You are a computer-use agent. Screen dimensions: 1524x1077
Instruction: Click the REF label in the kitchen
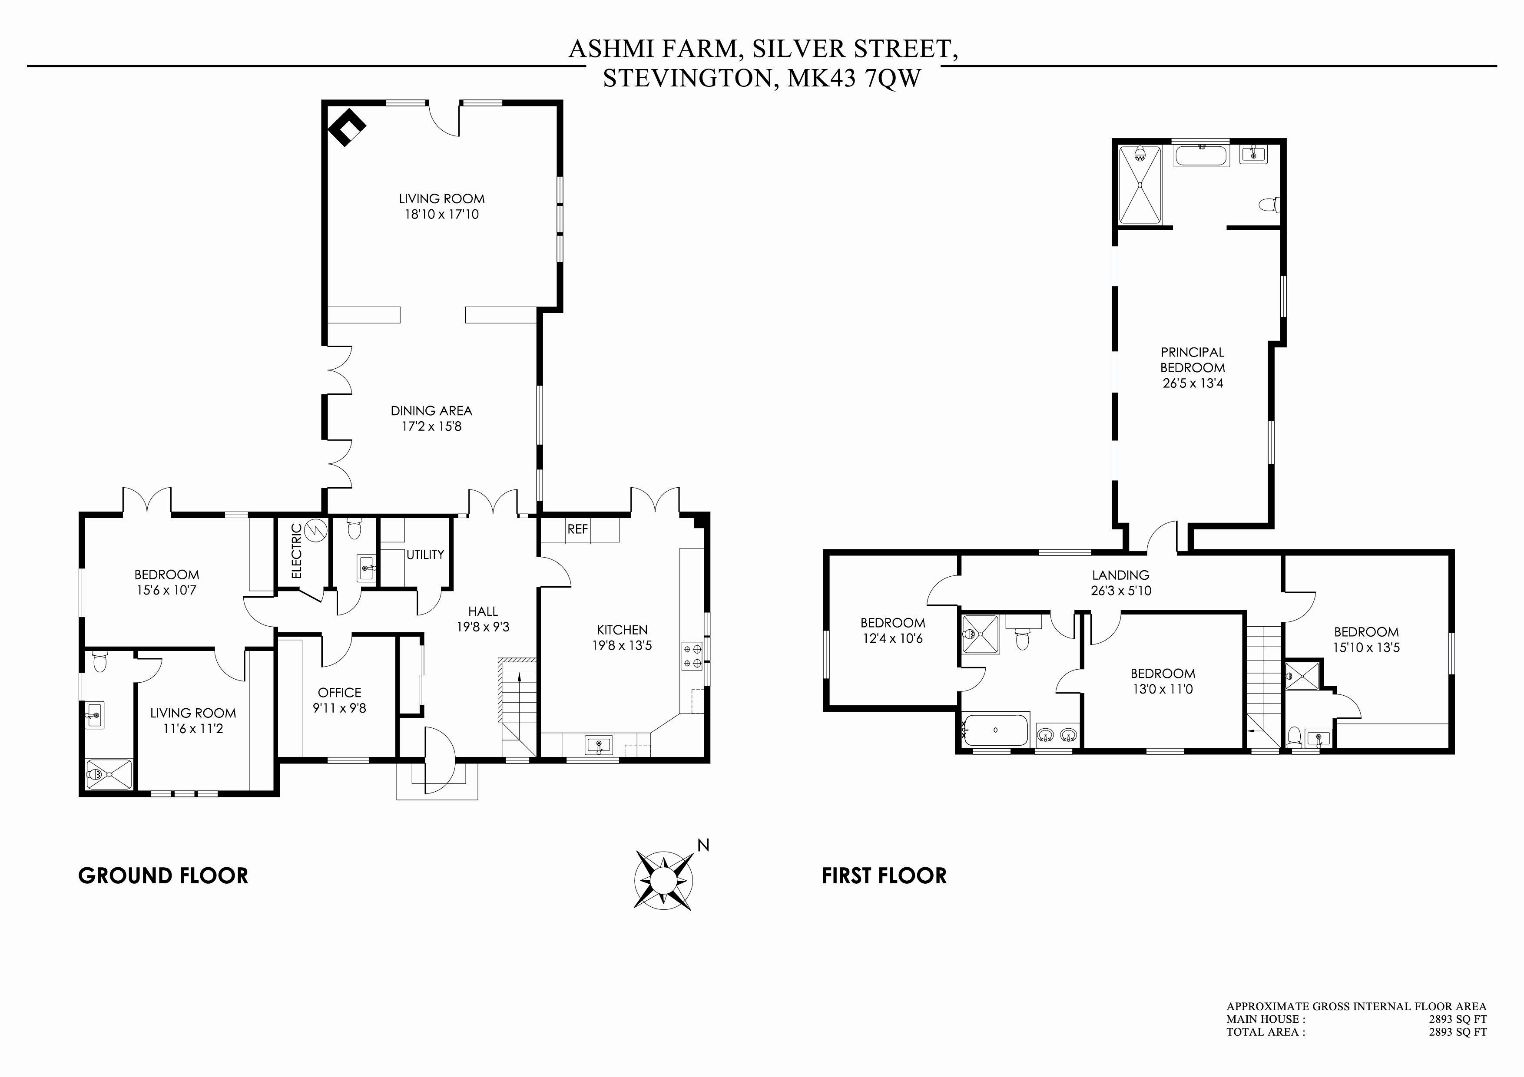(577, 529)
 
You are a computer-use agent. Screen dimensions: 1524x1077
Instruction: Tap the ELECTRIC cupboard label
(297, 551)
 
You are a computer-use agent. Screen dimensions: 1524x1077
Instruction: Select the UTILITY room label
(425, 554)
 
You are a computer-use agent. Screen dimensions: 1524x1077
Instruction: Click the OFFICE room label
(339, 693)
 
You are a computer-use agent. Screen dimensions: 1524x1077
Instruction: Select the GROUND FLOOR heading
(163, 876)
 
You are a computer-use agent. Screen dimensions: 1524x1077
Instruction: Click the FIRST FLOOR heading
(884, 876)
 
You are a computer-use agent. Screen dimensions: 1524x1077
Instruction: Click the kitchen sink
(599, 744)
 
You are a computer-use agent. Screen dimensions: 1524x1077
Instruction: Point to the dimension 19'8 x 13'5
(622, 645)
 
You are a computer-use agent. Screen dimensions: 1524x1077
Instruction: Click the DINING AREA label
(431, 411)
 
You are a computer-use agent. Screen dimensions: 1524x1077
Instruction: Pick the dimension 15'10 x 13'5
(1366, 647)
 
